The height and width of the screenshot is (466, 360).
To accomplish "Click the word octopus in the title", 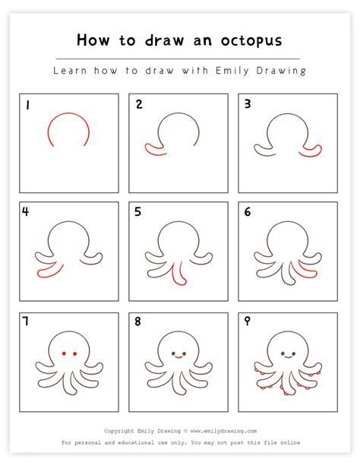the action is [251, 41].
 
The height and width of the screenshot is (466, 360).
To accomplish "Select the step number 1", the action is [27, 105].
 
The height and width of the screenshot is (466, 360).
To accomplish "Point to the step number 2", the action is [139, 104].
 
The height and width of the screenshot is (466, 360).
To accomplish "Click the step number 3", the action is [248, 103].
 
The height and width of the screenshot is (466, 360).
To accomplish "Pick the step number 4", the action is [26, 211].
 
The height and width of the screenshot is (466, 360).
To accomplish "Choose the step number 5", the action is [137, 211].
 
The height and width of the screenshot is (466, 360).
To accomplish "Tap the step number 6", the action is [248, 212].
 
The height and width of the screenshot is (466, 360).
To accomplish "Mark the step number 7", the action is [26, 321].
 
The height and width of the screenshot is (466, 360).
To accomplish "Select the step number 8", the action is [137, 322].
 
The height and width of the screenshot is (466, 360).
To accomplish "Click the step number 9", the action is [247, 322].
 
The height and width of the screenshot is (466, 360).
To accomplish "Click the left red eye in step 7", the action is [64, 353].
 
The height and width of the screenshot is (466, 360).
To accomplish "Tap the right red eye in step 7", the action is [74, 353].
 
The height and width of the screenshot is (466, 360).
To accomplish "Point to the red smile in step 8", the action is [178, 356].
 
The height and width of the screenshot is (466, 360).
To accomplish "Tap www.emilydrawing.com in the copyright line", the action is [223, 430].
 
